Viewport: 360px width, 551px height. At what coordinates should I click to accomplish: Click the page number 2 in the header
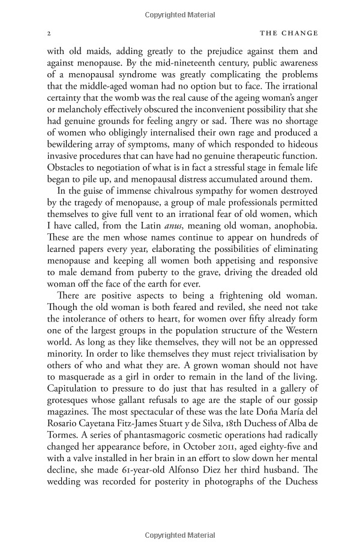point(49,34)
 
